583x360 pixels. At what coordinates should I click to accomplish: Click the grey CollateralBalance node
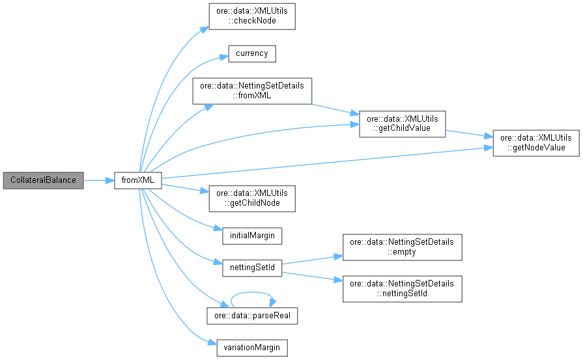[43, 180]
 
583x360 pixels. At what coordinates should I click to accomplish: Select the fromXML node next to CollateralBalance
[137, 180]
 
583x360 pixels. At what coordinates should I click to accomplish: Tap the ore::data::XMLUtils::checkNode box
[252, 16]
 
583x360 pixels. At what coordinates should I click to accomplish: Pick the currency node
[252, 53]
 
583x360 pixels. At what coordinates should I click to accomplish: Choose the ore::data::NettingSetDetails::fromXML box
[252, 90]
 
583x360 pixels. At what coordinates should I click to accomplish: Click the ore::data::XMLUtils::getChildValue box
[403, 124]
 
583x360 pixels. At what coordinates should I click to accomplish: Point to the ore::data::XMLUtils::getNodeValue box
[535, 143]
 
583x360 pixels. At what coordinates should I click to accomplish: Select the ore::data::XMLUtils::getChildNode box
[252, 198]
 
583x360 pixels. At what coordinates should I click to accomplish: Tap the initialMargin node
[252, 235]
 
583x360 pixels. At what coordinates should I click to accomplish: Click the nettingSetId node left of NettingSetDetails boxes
[252, 268]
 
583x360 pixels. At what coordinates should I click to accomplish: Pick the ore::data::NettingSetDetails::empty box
[403, 247]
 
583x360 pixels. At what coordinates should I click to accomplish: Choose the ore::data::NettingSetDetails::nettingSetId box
[403, 289]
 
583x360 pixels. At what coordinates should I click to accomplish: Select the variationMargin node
[252, 347]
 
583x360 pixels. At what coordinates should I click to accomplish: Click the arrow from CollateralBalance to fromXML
[98, 180]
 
